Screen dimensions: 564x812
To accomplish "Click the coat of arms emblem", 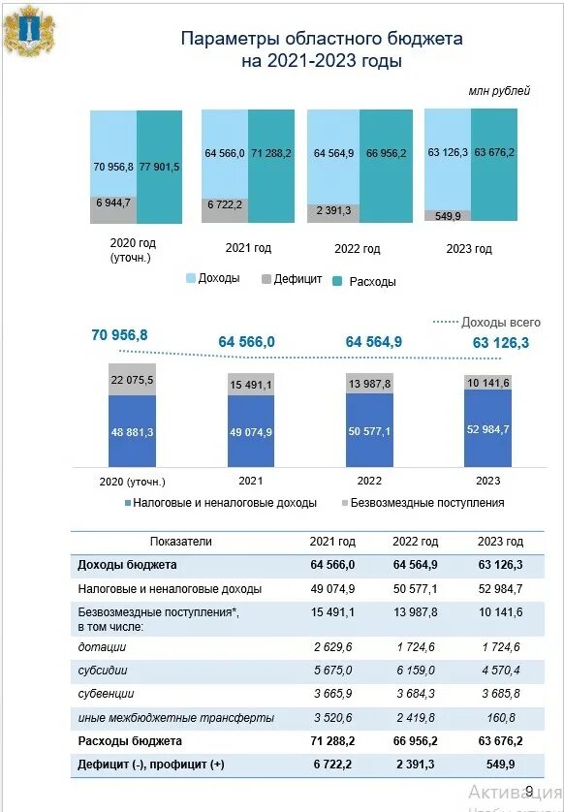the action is [29, 30].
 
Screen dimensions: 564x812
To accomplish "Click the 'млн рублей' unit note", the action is [499, 91].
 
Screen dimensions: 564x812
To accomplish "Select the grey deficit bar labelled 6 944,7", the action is [113, 209].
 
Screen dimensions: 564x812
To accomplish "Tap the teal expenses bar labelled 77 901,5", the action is [160, 167].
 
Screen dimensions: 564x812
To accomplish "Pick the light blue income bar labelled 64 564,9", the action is [333, 157].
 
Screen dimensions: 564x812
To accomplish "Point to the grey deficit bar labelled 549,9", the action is [448, 215].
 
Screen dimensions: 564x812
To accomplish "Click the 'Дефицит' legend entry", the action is [292, 279].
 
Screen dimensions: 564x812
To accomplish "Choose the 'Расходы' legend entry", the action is [364, 282].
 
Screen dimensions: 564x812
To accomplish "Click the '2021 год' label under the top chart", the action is [248, 248].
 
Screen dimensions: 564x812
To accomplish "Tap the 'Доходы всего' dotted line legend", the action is [486, 322].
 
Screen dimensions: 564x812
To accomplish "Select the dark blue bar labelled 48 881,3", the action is [132, 431].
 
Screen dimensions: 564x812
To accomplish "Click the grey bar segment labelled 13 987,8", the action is [369, 384].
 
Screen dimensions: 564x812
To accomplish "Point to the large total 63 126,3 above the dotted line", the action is [501, 343].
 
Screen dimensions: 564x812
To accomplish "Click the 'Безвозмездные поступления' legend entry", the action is [423, 503].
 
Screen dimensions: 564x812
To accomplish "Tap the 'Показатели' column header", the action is [181, 542].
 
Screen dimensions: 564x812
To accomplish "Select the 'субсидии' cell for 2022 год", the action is [415, 671].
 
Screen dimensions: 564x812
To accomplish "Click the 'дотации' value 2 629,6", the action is [332, 647].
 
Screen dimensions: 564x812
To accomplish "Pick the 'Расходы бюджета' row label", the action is [130, 741].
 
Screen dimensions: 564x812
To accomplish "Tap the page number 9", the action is [529, 791].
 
